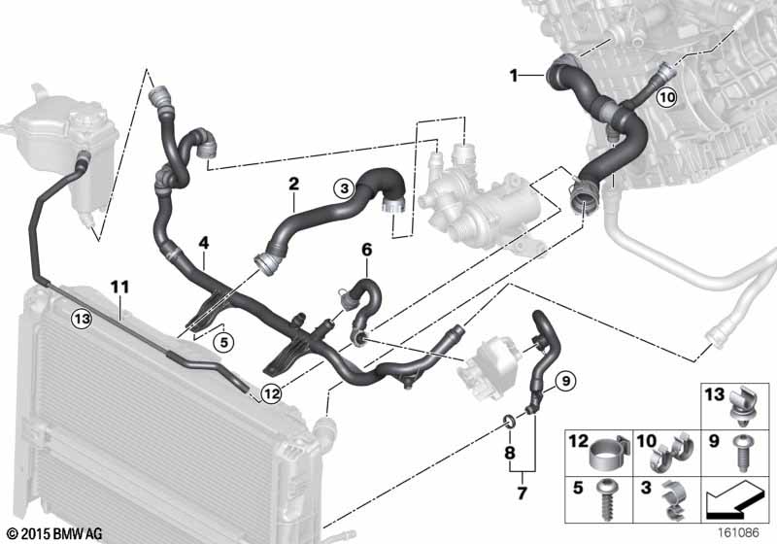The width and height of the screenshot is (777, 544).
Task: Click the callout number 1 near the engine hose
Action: click(514, 76)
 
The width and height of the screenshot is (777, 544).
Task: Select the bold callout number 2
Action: click(294, 184)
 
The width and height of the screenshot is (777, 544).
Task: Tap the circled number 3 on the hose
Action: click(345, 188)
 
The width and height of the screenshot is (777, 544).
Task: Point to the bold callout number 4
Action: click(204, 243)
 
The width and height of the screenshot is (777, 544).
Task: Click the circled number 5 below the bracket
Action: click(224, 342)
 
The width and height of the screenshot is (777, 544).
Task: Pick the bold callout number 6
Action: click(367, 250)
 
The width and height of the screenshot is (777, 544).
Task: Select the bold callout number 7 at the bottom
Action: click(522, 493)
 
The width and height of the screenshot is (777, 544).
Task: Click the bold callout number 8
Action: click(509, 453)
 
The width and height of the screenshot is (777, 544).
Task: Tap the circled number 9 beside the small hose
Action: click(566, 381)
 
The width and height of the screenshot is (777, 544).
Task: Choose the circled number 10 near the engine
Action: click(667, 97)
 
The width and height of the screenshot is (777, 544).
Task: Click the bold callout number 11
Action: click(119, 287)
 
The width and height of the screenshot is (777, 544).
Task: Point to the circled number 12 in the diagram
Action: click(272, 393)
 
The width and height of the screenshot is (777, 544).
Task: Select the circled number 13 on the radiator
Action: click(82, 319)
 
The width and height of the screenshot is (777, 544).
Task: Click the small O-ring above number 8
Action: click(509, 422)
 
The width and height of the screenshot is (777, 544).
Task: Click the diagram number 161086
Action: click(738, 533)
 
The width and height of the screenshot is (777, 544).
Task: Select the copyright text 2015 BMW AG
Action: click(62, 534)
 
